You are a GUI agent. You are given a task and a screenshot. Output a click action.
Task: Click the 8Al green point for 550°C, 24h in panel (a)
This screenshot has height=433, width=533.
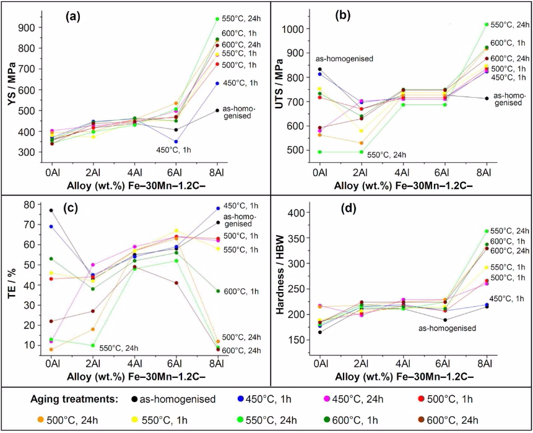pyautogui.click(x=217, y=19)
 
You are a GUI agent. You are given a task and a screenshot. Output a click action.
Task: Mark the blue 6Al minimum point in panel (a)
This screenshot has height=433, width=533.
pyautogui.click(x=175, y=142)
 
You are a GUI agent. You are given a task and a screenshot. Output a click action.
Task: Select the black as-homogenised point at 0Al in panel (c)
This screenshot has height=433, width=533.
pyautogui.click(x=51, y=210)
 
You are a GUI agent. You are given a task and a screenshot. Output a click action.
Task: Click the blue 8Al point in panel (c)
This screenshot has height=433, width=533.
pyautogui.click(x=217, y=208)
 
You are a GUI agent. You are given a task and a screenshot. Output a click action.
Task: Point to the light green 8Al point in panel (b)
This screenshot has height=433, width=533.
pyautogui.click(x=486, y=25)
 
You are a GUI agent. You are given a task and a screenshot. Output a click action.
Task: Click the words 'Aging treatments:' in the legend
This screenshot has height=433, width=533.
pyautogui.click(x=80, y=399)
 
